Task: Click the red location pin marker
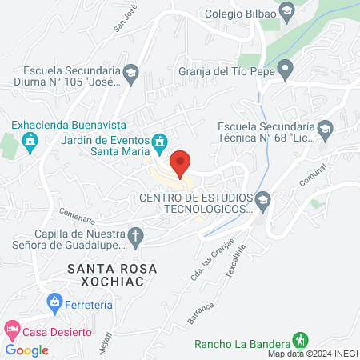(181, 163)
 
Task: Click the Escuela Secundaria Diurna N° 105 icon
(130, 75)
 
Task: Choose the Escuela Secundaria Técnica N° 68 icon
(325, 128)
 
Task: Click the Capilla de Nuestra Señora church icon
(136, 236)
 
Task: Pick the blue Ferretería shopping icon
(54, 302)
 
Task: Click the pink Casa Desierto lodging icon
(11, 329)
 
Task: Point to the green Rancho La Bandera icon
(301, 339)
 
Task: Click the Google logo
(27, 350)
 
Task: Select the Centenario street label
(78, 217)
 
